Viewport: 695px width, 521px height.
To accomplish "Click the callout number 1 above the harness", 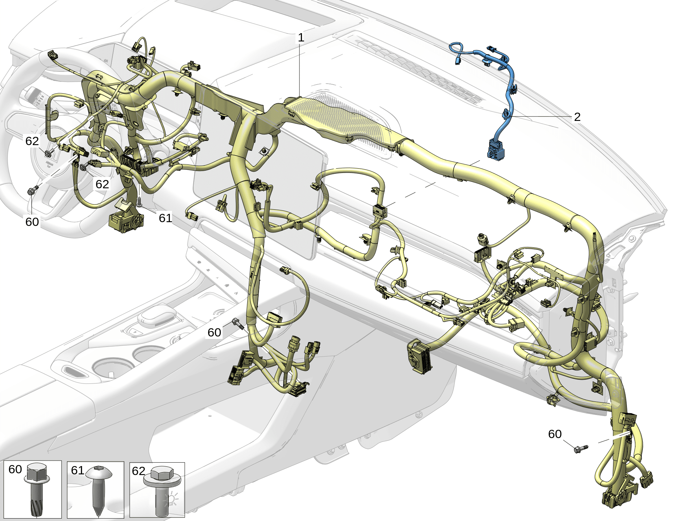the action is tap(301, 37).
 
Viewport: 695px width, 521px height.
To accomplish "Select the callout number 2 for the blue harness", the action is tap(577, 117).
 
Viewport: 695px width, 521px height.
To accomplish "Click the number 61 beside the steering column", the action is tap(165, 218).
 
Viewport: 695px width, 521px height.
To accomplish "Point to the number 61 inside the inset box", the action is tap(77, 470).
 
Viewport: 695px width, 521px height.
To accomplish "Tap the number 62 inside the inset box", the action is tap(139, 471).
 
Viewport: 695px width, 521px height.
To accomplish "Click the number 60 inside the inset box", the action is tap(15, 469).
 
